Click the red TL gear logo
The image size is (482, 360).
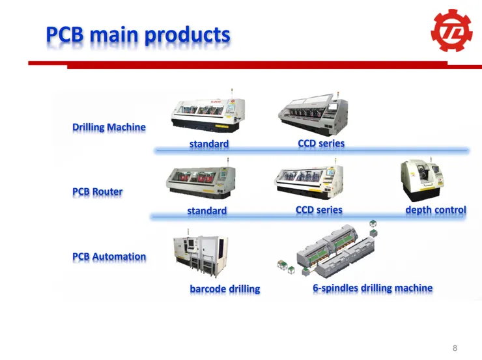point(451,31)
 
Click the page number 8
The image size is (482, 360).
point(455,348)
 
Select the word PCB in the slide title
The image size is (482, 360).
point(65,34)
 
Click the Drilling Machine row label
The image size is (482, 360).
point(109,127)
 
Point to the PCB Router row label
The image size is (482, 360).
point(98,191)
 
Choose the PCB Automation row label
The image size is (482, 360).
point(109,256)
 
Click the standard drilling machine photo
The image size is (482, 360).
point(208,112)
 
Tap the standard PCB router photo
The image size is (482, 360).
point(201,180)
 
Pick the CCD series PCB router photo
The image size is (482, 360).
point(309,179)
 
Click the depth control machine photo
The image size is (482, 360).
point(422,179)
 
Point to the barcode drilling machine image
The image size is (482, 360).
point(201,253)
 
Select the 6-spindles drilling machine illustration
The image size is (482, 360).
point(328,249)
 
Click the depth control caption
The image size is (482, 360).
point(436,210)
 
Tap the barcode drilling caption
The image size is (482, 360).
point(225,289)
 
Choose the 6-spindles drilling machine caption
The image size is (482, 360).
point(373,288)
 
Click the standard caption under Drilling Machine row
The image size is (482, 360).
point(209,144)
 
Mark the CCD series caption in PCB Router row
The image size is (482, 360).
point(319,210)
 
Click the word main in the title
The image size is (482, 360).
point(114,35)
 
